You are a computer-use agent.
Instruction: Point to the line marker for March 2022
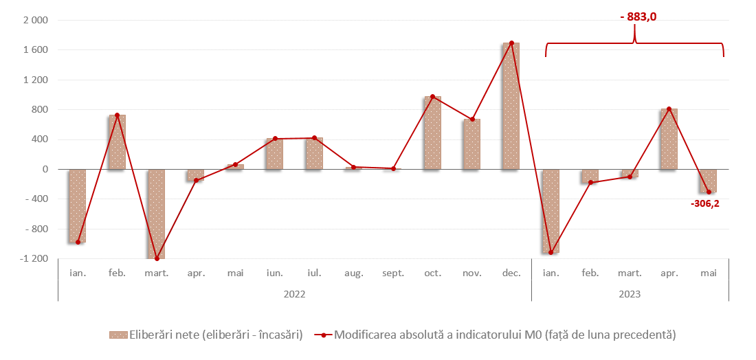click(x=157, y=258)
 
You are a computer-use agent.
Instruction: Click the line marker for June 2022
click(x=275, y=139)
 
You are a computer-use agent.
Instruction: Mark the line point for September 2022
click(x=393, y=168)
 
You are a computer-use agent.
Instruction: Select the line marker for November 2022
click(x=472, y=120)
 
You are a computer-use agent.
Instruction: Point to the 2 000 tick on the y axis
click(x=35, y=21)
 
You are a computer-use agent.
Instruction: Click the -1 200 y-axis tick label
click(x=34, y=259)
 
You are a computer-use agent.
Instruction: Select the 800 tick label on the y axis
click(x=39, y=110)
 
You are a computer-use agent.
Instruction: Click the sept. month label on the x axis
click(x=393, y=273)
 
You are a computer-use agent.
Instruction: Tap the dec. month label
click(x=511, y=273)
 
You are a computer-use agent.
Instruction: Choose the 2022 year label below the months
click(x=294, y=294)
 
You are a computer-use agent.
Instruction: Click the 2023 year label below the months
click(x=630, y=294)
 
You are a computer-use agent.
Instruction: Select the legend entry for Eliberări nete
click(x=206, y=335)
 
